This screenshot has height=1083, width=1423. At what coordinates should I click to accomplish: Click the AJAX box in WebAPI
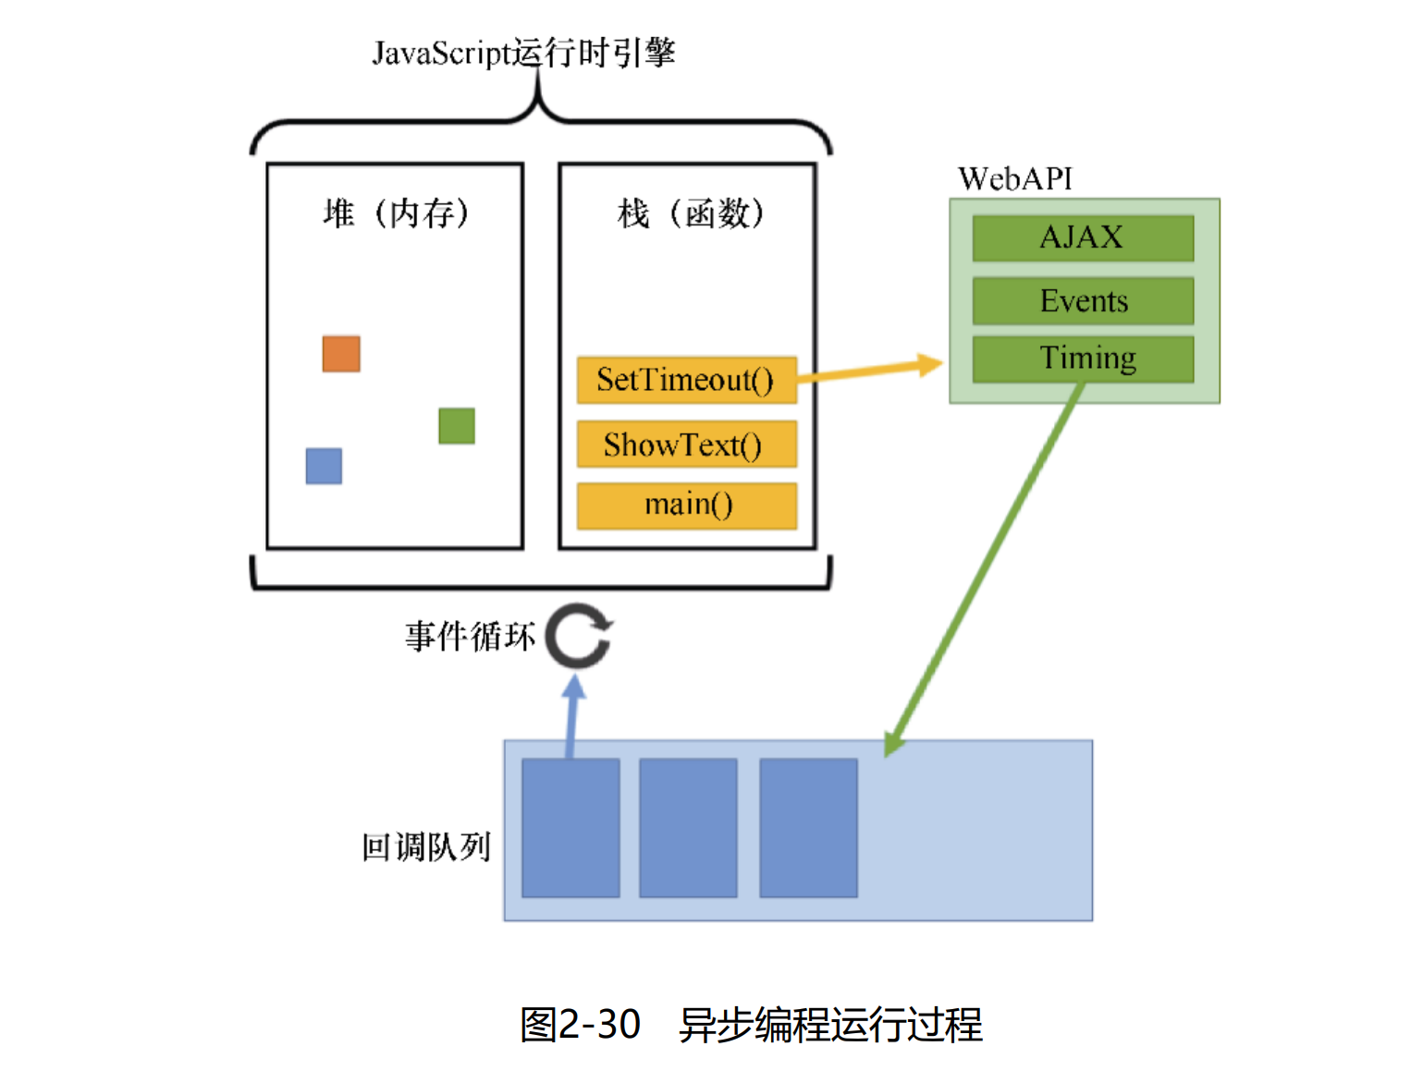point(1083,238)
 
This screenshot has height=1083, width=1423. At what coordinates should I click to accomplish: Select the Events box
point(1083,301)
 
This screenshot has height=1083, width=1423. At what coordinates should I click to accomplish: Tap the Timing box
point(1083,359)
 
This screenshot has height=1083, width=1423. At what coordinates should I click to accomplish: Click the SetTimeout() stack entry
point(686,380)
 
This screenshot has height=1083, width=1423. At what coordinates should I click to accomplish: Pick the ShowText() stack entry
point(686,445)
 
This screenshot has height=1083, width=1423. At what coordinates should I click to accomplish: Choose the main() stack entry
point(686,505)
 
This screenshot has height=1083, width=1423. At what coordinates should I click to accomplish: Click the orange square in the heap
point(341,354)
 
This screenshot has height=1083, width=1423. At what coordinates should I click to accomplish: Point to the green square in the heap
point(457,426)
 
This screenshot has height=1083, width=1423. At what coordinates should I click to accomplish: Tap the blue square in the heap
point(324,466)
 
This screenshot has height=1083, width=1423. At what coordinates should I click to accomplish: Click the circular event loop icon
point(579,636)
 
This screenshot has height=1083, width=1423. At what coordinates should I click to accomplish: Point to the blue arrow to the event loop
point(572,716)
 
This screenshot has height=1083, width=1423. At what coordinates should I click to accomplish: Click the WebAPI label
point(1014,179)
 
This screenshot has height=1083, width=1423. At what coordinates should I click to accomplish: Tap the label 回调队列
point(426,846)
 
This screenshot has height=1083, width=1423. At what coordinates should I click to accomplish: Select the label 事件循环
point(470,637)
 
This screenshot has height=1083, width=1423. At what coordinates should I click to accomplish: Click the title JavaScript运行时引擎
point(523,53)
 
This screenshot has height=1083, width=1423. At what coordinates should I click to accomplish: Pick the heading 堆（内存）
point(396,213)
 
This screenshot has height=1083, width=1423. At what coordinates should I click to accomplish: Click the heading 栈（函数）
point(690,213)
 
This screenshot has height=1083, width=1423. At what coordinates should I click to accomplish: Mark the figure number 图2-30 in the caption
point(581,1025)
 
